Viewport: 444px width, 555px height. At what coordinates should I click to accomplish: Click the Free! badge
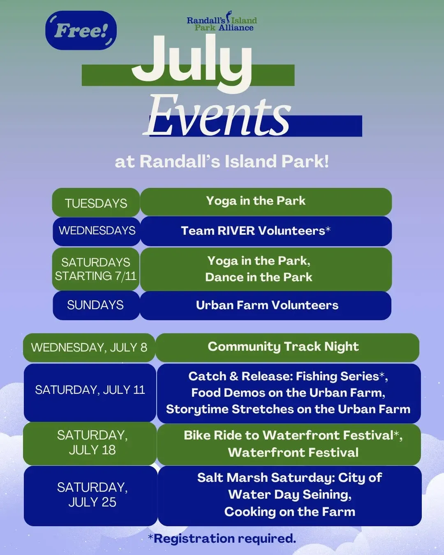[81, 30]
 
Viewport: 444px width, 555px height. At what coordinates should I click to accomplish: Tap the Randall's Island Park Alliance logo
[222, 21]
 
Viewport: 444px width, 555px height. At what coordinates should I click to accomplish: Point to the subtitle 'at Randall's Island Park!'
[222, 162]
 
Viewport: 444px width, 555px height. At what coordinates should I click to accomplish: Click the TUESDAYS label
[96, 203]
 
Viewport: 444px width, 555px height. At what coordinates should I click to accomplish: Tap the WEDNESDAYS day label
[97, 231]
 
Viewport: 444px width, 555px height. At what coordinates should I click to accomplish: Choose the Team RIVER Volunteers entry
[256, 231]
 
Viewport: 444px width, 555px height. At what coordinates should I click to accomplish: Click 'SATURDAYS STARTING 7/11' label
[96, 269]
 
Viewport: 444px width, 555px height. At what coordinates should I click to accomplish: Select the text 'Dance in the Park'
[259, 277]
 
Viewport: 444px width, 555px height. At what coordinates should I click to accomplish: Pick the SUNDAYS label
[95, 305]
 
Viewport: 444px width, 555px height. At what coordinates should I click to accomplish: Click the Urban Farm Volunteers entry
[267, 305]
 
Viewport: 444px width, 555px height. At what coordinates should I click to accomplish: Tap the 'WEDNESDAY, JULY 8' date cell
[89, 347]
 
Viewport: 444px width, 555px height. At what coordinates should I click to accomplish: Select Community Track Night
[283, 346]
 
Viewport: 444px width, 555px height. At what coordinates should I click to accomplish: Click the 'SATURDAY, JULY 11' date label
[90, 390]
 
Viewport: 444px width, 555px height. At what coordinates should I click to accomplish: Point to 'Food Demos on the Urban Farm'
[288, 393]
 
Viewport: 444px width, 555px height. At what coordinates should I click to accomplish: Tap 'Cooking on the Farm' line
[290, 512]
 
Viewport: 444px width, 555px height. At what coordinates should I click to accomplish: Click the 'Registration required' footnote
[222, 539]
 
